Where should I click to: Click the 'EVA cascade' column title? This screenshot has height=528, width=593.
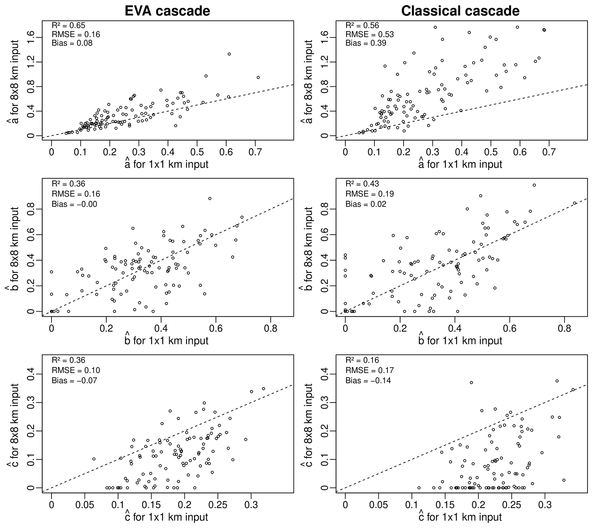167,11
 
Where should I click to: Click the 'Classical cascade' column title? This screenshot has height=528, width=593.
460,11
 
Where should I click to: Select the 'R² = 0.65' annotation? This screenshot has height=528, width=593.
69,26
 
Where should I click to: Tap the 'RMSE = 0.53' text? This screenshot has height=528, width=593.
370,34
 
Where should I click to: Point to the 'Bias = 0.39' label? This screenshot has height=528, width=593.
366,43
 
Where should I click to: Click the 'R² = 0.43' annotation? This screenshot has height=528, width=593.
362,184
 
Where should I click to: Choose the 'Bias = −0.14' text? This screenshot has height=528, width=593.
368,380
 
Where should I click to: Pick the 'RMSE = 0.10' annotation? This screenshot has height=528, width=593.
76,370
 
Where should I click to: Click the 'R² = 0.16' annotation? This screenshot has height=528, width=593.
362,360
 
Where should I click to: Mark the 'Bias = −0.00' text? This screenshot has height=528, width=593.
74,204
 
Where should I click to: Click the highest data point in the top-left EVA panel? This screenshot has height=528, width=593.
229,54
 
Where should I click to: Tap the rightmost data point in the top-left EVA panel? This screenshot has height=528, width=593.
258,77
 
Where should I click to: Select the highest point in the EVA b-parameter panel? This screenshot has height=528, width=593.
210,199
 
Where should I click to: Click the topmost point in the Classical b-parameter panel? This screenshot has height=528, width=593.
534,185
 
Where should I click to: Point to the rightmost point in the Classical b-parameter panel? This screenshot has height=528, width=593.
574,203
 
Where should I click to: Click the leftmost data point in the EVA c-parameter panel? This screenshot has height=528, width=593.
94,459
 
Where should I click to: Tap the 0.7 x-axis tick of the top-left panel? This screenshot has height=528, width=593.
255,152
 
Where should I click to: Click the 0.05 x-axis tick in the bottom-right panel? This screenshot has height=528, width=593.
378,505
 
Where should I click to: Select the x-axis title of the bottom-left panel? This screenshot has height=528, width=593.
166,517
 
